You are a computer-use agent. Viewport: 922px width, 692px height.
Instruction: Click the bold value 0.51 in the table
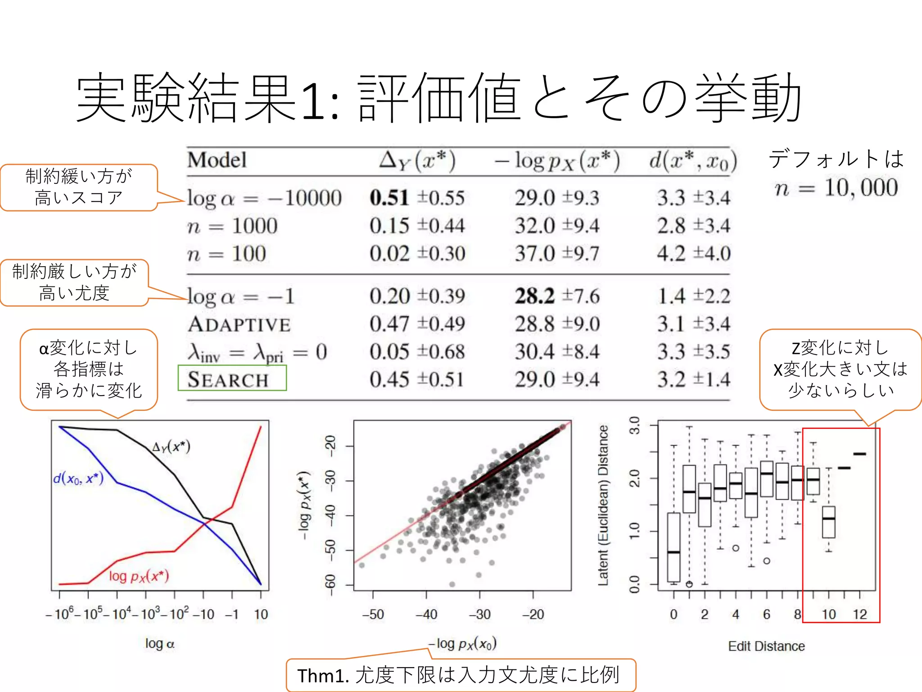(x=389, y=198)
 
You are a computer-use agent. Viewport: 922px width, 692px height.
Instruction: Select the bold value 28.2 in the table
(x=535, y=296)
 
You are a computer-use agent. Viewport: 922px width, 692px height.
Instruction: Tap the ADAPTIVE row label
(x=239, y=324)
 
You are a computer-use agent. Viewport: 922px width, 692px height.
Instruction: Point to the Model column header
(x=217, y=160)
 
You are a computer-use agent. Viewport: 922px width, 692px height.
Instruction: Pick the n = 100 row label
(x=226, y=254)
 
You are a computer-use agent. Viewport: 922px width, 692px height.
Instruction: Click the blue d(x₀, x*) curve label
(x=78, y=478)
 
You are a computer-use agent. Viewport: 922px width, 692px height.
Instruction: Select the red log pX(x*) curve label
(x=139, y=576)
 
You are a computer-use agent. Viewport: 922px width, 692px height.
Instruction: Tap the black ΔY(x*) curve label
(x=171, y=446)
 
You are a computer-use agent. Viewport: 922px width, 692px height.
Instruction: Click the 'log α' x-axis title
(x=159, y=644)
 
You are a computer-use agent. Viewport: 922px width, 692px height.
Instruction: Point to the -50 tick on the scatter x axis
(x=373, y=614)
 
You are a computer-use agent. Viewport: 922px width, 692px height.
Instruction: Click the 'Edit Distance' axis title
(x=766, y=646)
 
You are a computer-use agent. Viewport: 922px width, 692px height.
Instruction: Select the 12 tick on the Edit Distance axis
(x=860, y=614)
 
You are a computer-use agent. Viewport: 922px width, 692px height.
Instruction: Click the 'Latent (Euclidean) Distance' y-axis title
(x=603, y=505)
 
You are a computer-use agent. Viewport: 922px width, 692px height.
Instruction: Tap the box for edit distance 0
(x=673, y=547)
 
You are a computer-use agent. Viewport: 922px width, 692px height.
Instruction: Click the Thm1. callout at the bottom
(x=461, y=675)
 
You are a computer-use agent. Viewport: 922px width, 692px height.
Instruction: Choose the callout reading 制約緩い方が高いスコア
(x=79, y=187)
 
